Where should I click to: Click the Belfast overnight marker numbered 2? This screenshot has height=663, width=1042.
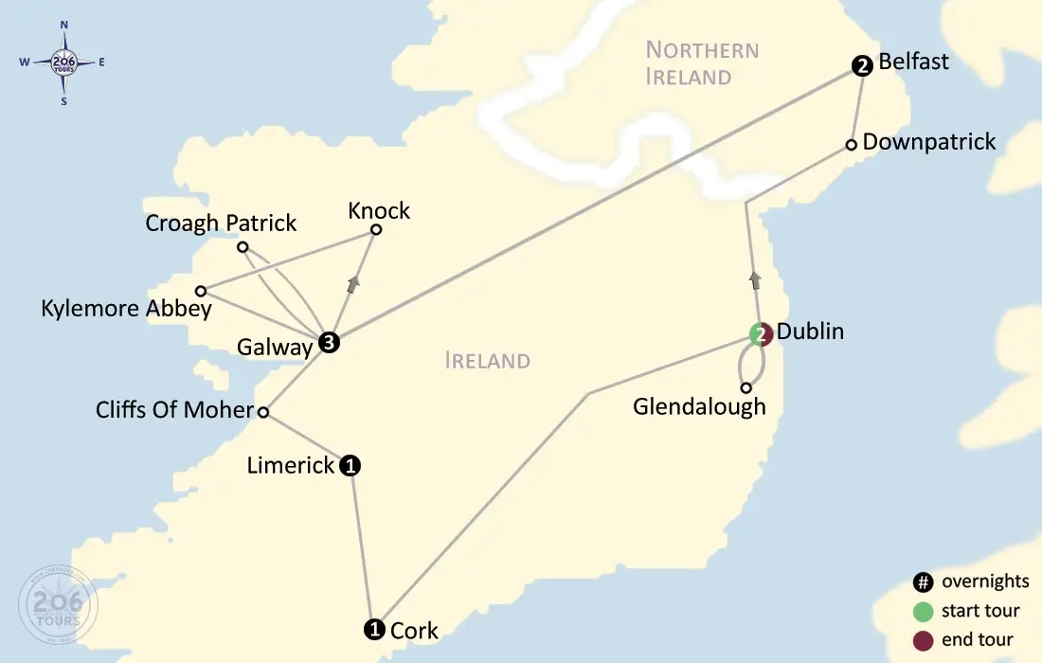(x=861, y=66)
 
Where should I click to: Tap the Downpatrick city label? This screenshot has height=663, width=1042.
(x=929, y=142)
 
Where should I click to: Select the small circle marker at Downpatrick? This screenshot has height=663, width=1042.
(x=851, y=145)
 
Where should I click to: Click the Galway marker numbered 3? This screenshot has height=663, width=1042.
(x=328, y=344)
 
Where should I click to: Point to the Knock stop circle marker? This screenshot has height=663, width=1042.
(x=376, y=229)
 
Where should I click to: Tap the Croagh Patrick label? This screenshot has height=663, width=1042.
(x=221, y=224)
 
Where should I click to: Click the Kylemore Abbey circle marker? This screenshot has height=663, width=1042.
(x=201, y=291)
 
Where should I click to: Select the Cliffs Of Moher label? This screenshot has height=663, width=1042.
(x=174, y=410)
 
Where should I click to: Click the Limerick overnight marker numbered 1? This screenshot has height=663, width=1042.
(x=350, y=465)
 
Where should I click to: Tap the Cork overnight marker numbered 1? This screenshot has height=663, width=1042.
(x=374, y=629)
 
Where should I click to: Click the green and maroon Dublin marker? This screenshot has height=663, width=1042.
(x=761, y=334)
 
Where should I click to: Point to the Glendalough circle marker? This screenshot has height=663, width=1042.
(x=746, y=387)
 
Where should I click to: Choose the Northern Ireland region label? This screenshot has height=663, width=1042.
(x=702, y=63)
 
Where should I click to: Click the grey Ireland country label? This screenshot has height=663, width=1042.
(x=487, y=361)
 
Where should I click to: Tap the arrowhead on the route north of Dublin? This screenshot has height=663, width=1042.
(x=755, y=279)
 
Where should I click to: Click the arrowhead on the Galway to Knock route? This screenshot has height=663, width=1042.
(x=354, y=284)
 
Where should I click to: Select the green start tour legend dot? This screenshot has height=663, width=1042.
(x=923, y=611)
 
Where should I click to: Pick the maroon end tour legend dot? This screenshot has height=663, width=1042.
(x=923, y=640)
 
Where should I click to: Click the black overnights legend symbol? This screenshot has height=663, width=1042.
(x=923, y=582)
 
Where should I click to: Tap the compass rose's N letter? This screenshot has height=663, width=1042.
(x=63, y=25)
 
